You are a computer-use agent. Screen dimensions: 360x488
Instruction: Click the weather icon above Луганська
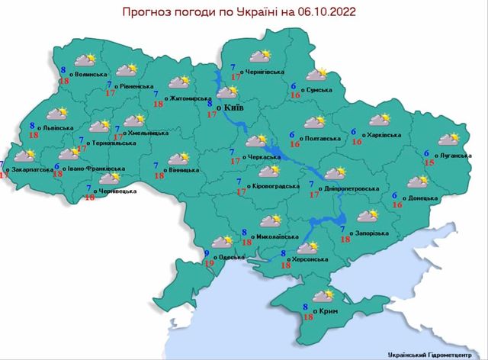coord(448,139)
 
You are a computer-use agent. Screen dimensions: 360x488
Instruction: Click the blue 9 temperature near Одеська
coord(206,254)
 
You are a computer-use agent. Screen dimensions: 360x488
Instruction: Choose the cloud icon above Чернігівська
coord(261,56)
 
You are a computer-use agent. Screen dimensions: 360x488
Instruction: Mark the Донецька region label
coord(422,198)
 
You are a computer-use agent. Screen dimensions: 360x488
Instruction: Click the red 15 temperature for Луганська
coord(429,163)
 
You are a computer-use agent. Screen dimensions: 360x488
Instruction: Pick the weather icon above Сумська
coord(315,74)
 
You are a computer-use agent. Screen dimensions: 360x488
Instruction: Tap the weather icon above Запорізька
coord(367,216)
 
